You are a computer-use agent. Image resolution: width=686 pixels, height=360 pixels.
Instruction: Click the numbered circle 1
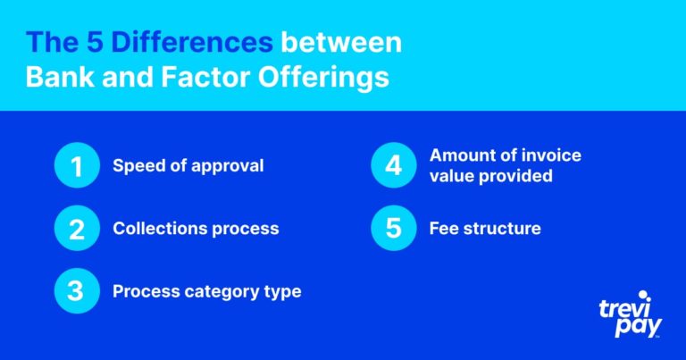pos(77,165)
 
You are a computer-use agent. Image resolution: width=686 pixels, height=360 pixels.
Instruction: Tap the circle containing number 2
pos(77,228)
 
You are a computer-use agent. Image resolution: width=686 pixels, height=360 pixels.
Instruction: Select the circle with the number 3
pos(77,291)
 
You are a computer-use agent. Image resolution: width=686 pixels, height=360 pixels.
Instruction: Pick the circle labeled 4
pos(394,165)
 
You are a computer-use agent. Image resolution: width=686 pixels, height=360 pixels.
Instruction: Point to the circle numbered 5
pos(394,228)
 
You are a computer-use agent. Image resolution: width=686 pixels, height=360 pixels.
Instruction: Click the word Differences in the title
pos(192,42)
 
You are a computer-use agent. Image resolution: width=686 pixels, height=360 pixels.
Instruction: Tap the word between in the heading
pos(341,42)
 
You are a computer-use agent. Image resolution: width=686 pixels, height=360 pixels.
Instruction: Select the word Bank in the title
pos(61,77)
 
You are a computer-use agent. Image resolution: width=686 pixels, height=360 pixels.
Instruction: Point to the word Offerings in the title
pos(323,78)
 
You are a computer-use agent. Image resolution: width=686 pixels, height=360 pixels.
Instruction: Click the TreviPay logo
pos(631,314)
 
